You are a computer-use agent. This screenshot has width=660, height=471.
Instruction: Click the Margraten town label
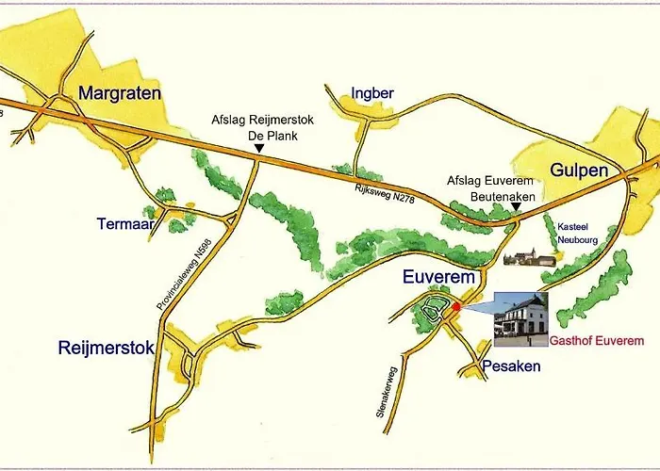click(x=120, y=93)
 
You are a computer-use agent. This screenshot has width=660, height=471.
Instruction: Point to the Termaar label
click(x=124, y=224)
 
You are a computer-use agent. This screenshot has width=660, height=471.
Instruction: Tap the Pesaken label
click(x=510, y=366)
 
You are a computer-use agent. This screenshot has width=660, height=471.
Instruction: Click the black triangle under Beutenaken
click(x=515, y=205)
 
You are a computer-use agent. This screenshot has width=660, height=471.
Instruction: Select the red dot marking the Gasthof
click(x=457, y=307)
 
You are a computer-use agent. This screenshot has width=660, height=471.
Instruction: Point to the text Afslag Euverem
click(x=489, y=180)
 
